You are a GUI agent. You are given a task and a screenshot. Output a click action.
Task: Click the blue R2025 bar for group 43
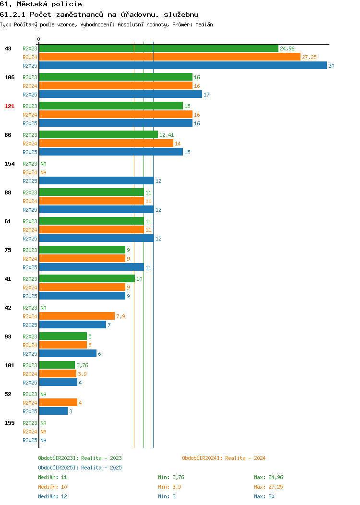(183, 65)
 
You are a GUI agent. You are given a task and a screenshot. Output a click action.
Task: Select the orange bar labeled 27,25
(170, 57)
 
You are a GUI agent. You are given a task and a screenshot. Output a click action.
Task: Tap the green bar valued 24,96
(159, 48)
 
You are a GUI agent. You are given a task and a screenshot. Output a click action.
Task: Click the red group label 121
(9, 106)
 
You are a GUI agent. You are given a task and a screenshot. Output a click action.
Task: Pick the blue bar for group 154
(96, 180)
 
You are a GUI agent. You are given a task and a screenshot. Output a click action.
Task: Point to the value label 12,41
(167, 135)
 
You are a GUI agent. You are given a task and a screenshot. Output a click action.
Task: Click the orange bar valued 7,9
(77, 316)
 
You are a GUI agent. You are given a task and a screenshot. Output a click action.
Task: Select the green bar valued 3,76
(57, 365)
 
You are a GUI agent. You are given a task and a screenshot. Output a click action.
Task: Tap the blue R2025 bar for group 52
(53, 411)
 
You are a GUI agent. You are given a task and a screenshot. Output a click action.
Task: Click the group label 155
(9, 423)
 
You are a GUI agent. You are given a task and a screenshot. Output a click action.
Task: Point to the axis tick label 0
(39, 39)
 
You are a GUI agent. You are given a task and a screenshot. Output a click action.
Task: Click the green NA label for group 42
(44, 308)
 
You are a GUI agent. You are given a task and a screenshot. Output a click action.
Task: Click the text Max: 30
(264, 496)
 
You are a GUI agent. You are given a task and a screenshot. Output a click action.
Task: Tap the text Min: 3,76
(171, 477)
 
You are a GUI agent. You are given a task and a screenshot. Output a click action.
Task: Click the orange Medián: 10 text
(52, 487)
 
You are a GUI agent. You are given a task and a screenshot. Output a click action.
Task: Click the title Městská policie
(49, 4)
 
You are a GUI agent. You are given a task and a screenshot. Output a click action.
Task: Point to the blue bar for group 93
(68, 353)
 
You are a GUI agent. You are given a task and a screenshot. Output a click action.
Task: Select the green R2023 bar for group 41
(87, 278)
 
